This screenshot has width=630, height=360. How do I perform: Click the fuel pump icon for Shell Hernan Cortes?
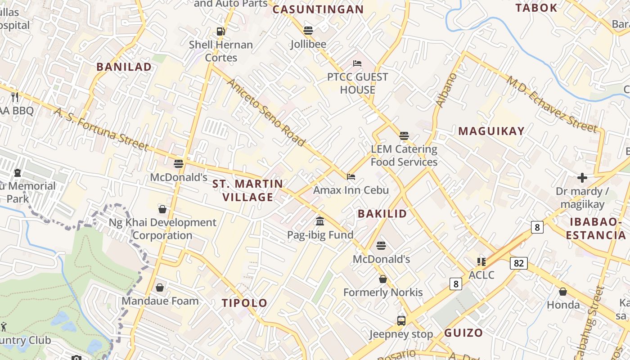220,31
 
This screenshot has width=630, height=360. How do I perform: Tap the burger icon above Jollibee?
308,31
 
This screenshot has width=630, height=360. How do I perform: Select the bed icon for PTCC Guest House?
357,63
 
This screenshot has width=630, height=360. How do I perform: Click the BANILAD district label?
124,67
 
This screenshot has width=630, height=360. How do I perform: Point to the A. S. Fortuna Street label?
101,129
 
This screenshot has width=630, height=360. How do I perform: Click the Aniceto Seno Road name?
266,112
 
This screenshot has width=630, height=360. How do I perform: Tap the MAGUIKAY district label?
491,131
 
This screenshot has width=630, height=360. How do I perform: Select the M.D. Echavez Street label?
553,104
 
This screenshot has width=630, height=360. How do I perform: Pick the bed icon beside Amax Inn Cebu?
351,176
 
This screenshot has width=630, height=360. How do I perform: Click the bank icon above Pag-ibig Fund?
320,221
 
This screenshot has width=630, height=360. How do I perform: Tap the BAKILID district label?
382,214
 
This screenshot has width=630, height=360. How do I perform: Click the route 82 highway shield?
518,263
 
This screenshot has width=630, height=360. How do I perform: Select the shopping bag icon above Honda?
563,292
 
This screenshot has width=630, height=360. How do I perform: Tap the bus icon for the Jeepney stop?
401,321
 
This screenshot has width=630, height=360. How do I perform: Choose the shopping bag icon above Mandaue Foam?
160,287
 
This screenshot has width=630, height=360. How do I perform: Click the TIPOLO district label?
244,303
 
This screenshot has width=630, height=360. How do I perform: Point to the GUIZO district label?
463,333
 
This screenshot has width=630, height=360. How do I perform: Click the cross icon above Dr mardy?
582,178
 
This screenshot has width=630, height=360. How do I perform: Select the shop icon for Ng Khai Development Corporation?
162,209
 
